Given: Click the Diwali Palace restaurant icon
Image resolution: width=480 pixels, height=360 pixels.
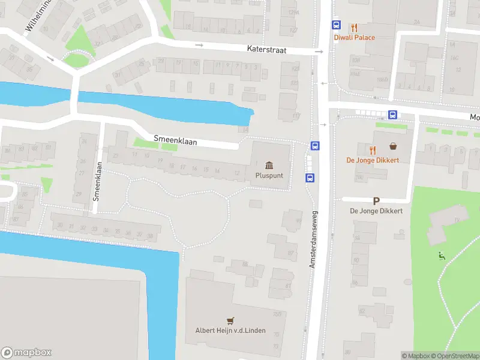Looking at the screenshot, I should tap(355, 27).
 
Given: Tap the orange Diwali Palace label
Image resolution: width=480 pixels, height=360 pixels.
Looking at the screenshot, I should tap(355, 38).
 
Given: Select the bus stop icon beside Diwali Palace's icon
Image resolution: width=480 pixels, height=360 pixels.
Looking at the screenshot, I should tap(337, 26).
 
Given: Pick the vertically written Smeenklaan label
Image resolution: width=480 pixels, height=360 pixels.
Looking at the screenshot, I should tap(97, 180).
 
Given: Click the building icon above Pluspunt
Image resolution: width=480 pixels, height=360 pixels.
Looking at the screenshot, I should tap(269, 165).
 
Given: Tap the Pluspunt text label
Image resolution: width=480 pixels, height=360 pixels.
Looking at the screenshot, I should tap(269, 176).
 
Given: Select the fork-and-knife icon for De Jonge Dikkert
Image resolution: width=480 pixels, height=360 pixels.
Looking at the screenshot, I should tap(373, 149).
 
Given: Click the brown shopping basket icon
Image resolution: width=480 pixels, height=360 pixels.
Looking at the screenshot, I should tap(393, 146).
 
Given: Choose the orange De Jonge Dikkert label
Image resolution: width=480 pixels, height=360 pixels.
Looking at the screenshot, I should tap(374, 160).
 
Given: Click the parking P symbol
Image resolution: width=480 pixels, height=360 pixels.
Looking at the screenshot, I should tap(376, 202).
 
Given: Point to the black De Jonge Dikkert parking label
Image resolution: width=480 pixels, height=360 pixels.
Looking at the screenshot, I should tap(376, 211).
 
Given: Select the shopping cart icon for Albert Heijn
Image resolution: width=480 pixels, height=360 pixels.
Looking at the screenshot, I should tap(230, 320).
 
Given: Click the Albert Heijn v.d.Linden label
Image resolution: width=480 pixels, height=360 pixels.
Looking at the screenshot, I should tap(230, 331).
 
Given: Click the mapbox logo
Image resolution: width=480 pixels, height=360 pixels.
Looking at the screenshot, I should tap(26, 352).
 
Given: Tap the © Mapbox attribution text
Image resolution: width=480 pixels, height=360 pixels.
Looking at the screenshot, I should tap(415, 356).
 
